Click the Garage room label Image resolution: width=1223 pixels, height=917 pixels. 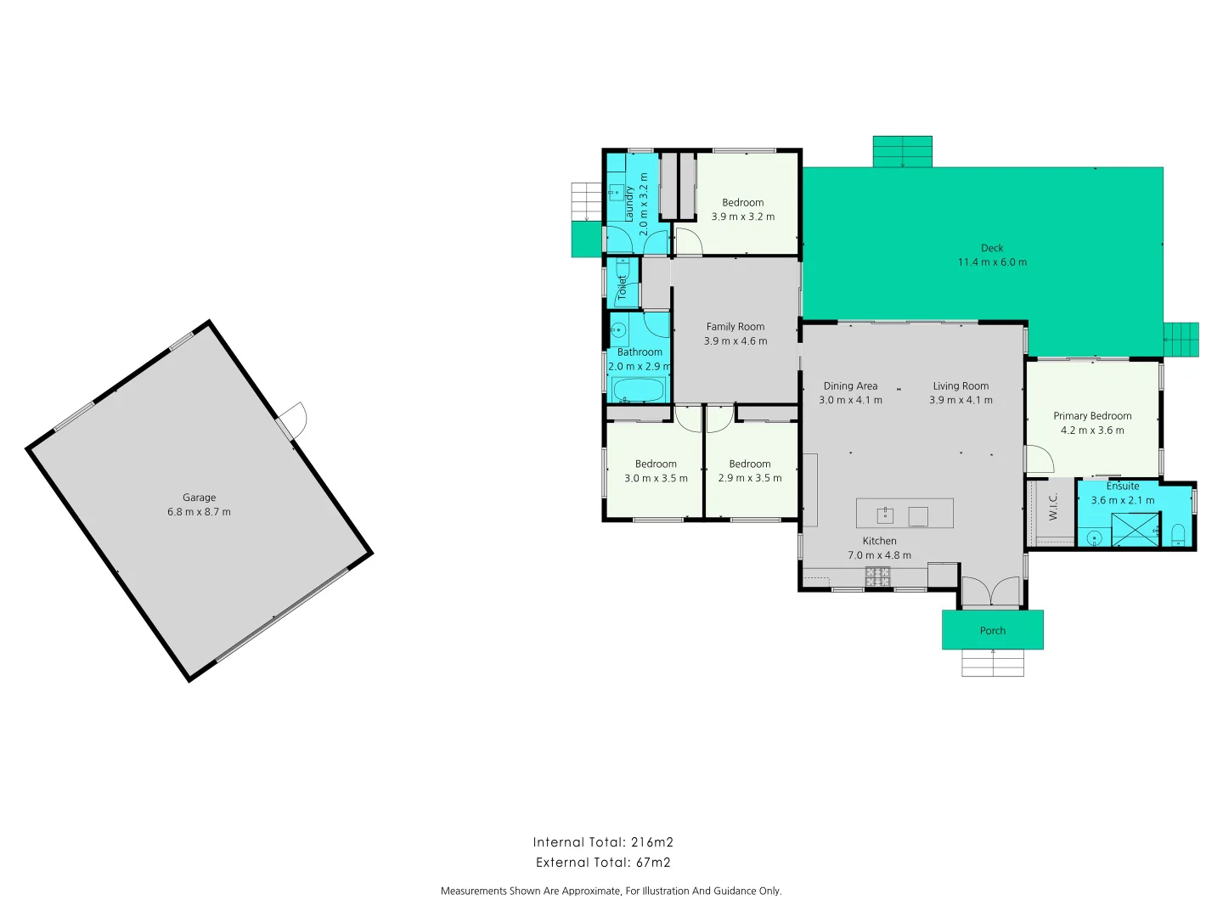click(199, 498)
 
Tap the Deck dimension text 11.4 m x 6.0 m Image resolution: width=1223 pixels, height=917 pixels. click(992, 262)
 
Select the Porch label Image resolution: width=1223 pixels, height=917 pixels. click(992, 631)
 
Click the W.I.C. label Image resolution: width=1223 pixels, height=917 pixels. click(1053, 507)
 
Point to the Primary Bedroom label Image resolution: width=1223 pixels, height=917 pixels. click(1092, 416)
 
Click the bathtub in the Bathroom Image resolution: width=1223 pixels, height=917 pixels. click(638, 391)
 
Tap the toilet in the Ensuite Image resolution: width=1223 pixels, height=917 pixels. click(1178, 534)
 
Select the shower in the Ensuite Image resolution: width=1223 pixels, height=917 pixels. click(1136, 530)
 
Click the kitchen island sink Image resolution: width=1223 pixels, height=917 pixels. click(884, 514)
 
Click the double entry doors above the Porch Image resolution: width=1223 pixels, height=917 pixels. click(990, 592)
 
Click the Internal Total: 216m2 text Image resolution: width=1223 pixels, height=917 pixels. click(603, 842)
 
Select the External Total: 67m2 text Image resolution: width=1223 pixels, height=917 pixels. click(603, 863)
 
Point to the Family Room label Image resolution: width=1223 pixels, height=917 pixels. click(735, 327)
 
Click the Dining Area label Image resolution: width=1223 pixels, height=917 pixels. click(850, 386)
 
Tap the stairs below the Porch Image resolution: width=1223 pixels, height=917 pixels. click(992, 662)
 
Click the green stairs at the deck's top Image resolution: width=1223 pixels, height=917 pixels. click(902, 151)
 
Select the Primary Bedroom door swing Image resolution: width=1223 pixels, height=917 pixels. click(1039, 459)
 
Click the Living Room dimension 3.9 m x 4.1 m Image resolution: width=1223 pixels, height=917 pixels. click(961, 400)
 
